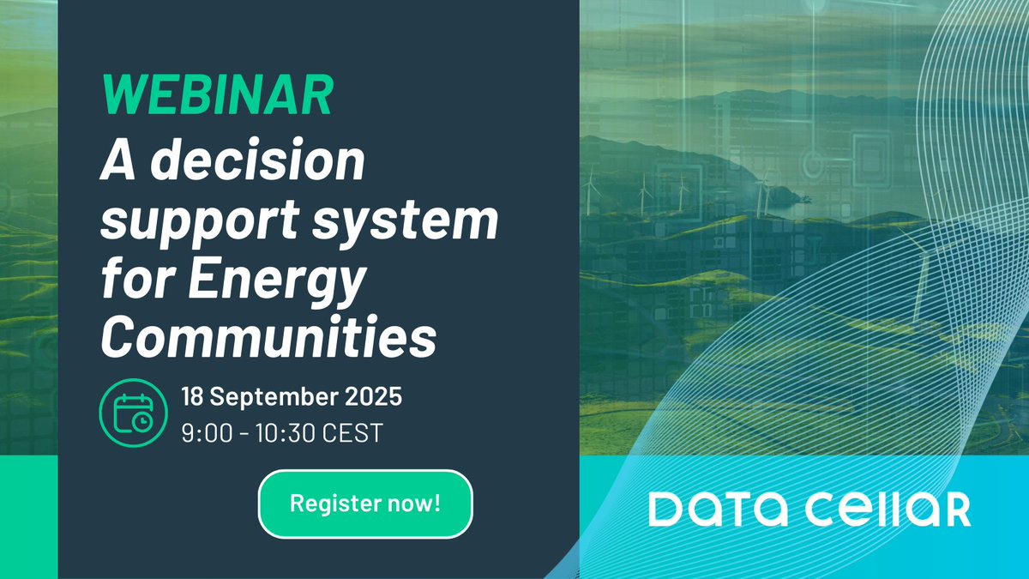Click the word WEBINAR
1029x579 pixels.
click(216, 97)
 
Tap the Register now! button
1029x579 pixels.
click(365, 504)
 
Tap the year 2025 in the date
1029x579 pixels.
click(370, 399)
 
